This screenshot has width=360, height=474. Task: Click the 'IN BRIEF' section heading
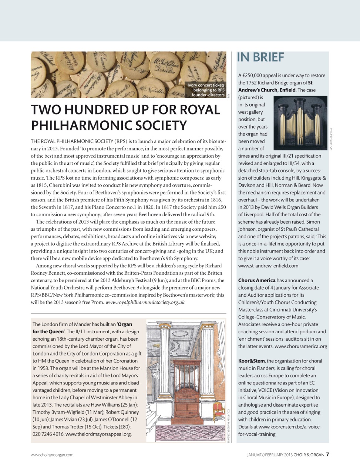260,57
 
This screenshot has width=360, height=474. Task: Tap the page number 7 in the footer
327,455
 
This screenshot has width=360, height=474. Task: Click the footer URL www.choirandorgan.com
52,455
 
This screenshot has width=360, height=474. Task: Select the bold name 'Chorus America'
257,280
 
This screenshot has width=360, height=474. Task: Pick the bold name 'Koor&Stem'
252,361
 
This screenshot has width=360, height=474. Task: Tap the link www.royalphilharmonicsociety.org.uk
145,302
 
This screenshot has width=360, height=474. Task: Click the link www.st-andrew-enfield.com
268,266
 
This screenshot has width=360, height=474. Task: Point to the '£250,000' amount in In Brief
255,76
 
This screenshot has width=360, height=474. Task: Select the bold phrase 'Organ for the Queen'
82,328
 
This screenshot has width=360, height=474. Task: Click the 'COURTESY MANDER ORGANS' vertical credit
229,426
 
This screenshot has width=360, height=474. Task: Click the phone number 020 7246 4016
48,434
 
